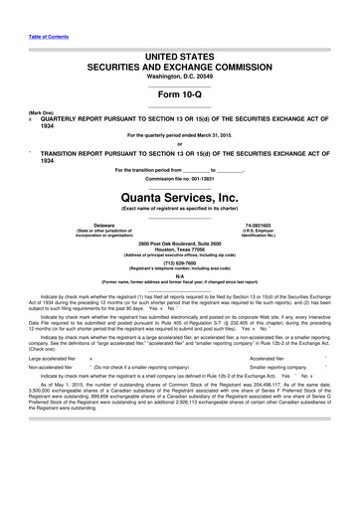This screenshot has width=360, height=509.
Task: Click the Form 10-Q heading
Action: (179, 92)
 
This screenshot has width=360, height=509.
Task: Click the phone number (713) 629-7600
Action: (179, 264)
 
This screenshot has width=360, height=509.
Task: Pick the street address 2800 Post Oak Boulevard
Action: (179, 244)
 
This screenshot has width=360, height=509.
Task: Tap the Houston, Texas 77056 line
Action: (179, 250)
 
